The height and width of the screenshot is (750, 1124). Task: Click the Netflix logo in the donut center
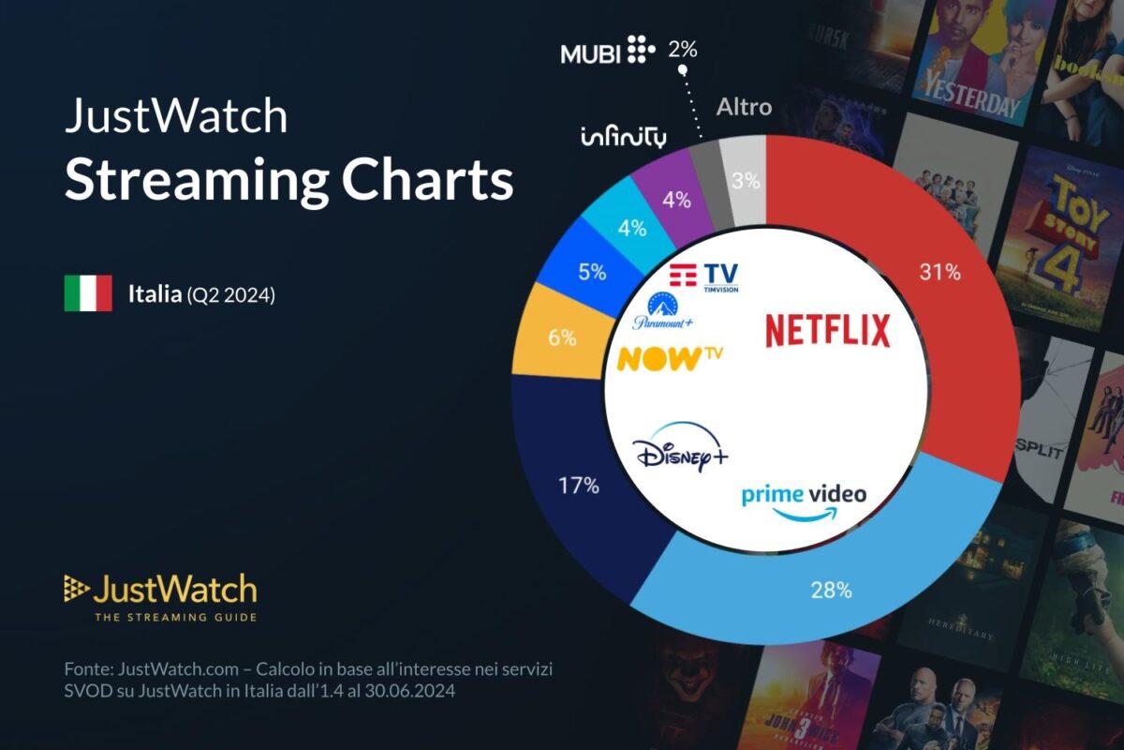pyautogui.click(x=827, y=331)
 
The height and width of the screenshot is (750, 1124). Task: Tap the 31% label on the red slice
pyautogui.click(x=939, y=272)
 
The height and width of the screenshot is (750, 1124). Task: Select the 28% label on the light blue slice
pyautogui.click(x=831, y=590)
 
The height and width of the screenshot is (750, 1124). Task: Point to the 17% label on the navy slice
pyautogui.click(x=578, y=486)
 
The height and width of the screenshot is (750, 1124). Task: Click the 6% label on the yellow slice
pyautogui.click(x=562, y=338)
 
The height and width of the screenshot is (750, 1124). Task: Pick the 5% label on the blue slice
pyautogui.click(x=592, y=273)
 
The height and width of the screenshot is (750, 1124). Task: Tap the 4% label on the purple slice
pyautogui.click(x=676, y=200)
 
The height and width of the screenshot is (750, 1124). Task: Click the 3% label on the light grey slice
pyautogui.click(x=746, y=181)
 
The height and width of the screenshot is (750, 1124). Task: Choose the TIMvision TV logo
pyautogui.click(x=704, y=277)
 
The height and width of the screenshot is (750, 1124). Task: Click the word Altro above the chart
pyautogui.click(x=744, y=107)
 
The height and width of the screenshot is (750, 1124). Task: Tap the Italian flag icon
pyautogui.click(x=88, y=293)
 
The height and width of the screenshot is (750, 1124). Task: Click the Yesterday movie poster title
pyautogui.click(x=970, y=94)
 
